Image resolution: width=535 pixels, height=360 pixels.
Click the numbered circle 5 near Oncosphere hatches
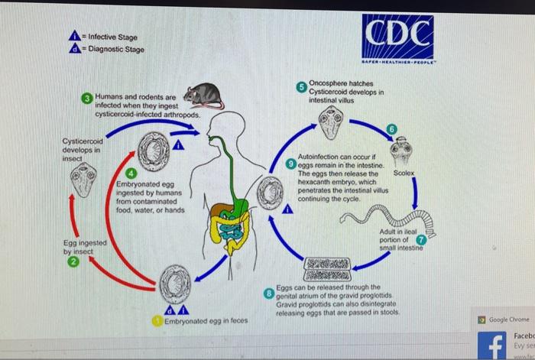click(303, 86)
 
